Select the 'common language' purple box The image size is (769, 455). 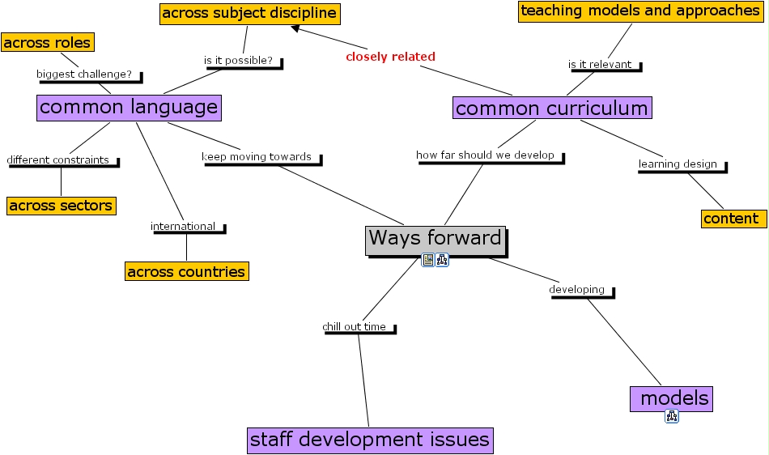point(129,107)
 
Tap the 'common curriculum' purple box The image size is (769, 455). point(551,108)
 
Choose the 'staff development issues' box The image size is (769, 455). point(370,440)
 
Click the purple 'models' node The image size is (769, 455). point(671,398)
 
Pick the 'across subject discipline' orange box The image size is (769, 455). point(249,14)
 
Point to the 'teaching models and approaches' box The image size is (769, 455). point(639,11)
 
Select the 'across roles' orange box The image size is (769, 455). point(47,42)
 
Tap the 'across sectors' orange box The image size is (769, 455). point(61,206)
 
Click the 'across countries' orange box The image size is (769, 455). point(186,271)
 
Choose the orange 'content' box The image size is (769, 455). point(733,219)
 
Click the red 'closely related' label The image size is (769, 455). point(390,57)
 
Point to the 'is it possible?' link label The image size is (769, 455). point(238,61)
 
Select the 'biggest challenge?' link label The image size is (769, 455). point(85,74)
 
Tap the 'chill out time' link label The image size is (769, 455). point(355,327)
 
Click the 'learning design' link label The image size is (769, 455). point(678,164)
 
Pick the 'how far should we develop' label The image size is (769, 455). point(486,155)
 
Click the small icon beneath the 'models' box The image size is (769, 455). point(672,416)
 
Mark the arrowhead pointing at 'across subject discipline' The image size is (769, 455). point(296,29)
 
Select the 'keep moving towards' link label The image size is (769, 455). point(257,157)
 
